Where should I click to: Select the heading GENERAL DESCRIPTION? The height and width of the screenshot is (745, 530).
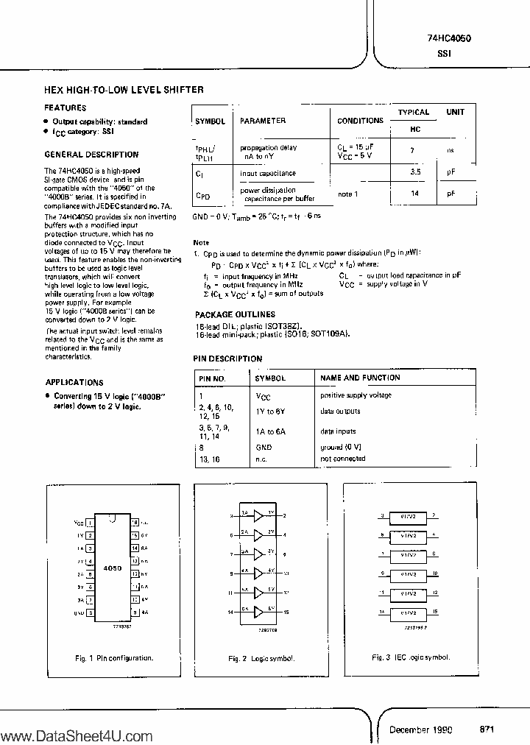click(91, 155)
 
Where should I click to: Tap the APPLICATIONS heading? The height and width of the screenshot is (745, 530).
click(74, 383)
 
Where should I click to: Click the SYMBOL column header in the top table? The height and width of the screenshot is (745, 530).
click(210, 121)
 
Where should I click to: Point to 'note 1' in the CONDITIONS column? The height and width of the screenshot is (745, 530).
click(348, 194)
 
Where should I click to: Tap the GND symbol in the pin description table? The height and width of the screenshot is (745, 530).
click(264, 447)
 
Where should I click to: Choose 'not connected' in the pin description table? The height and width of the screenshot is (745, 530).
click(342, 459)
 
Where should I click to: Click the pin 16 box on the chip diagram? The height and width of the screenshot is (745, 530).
click(135, 520)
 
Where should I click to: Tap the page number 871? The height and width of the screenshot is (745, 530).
click(487, 729)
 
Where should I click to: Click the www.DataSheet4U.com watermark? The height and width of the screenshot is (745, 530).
click(77, 735)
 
